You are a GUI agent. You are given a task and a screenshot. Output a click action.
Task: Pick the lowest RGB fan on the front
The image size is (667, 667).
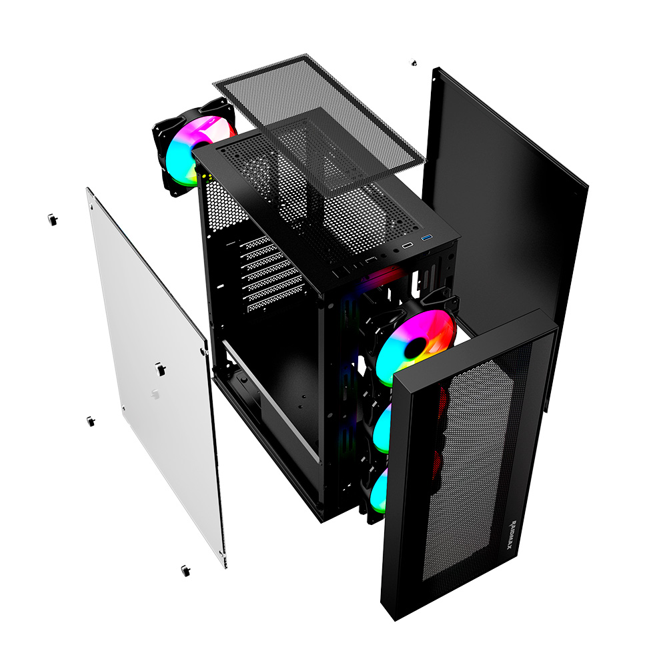pyautogui.click(x=378, y=493)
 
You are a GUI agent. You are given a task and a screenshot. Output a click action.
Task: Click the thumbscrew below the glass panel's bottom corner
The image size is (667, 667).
pyautogui.click(x=185, y=570)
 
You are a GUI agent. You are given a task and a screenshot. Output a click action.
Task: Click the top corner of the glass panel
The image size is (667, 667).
pyautogui.click(x=89, y=190)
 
